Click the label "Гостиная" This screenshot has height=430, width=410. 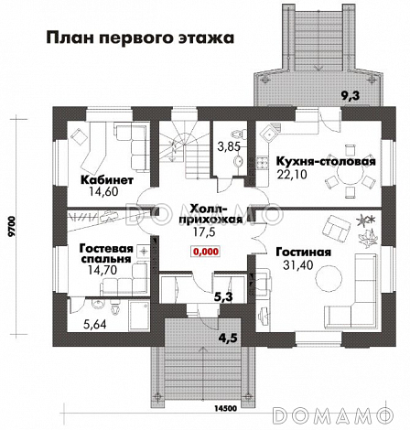[x=300, y=252]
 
